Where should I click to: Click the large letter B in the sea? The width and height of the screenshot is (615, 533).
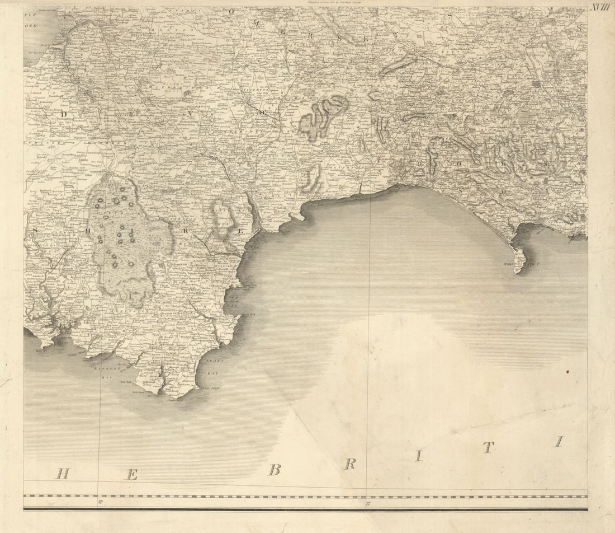click(274, 469)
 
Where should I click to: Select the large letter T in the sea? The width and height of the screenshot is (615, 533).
click(488, 447)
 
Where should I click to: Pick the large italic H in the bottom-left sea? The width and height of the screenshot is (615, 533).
click(63, 474)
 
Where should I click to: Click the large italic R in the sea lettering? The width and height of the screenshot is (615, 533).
click(350, 464)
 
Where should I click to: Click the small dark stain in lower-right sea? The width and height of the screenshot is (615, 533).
click(567, 371)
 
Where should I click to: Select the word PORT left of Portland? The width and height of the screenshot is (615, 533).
click(509, 263)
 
